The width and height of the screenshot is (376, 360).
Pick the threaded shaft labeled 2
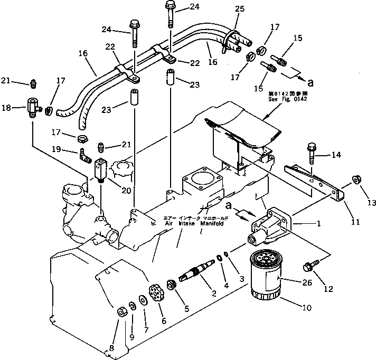195,274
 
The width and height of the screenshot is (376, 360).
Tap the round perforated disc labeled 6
155,293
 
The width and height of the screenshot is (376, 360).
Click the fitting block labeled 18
34,109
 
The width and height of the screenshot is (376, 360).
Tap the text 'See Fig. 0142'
287,99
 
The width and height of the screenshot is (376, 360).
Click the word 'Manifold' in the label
213,224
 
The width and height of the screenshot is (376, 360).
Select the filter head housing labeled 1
271,225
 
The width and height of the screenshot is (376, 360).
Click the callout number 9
132,336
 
